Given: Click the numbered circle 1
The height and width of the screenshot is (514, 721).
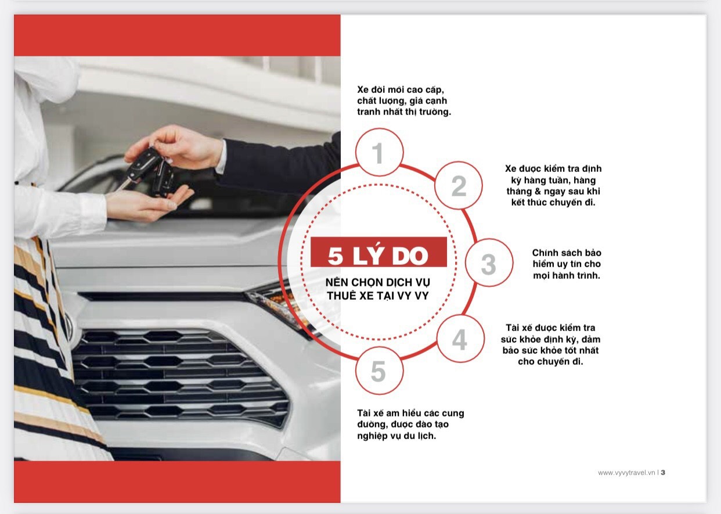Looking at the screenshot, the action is point(380,152).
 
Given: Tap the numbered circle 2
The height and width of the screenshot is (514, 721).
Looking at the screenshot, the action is point(459,185).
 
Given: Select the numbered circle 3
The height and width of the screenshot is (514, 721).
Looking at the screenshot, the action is point(489,263).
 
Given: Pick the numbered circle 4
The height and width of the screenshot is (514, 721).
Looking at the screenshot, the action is point(460,339).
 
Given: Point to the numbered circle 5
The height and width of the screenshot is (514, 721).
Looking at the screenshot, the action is point(380,371).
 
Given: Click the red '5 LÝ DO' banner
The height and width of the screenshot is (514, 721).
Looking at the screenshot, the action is point(379,252).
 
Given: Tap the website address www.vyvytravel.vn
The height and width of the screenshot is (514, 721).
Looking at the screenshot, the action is point(626,473).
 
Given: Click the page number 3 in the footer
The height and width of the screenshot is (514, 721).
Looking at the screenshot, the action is point(663,472).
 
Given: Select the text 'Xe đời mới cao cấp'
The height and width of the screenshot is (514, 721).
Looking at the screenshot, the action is point(401,89).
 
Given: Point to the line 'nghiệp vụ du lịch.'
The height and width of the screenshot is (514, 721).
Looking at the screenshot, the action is point(396,436).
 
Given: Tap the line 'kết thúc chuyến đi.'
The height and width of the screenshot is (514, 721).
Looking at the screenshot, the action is point(553,203).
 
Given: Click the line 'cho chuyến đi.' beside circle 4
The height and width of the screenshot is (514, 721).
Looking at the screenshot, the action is point(550,362).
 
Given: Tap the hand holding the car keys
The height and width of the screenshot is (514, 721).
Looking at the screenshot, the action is point(175,147).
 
